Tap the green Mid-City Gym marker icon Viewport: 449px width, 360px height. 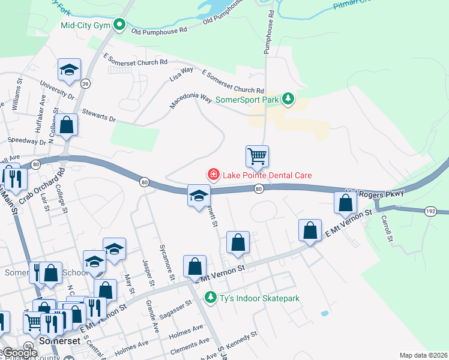(119, 25)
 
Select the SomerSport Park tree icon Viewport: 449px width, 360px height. (288, 98)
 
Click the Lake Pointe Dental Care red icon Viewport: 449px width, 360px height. (212, 175)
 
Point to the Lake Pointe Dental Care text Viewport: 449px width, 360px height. (267, 175)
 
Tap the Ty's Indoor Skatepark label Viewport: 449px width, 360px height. (259, 298)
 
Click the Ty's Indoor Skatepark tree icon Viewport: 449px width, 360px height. (210, 297)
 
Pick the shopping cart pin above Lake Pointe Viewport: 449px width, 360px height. (257, 157)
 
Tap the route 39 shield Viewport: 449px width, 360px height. (85, 84)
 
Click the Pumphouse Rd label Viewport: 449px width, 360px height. (270, 31)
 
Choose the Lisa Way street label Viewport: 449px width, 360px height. (181, 74)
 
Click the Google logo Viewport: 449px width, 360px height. (20, 353)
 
